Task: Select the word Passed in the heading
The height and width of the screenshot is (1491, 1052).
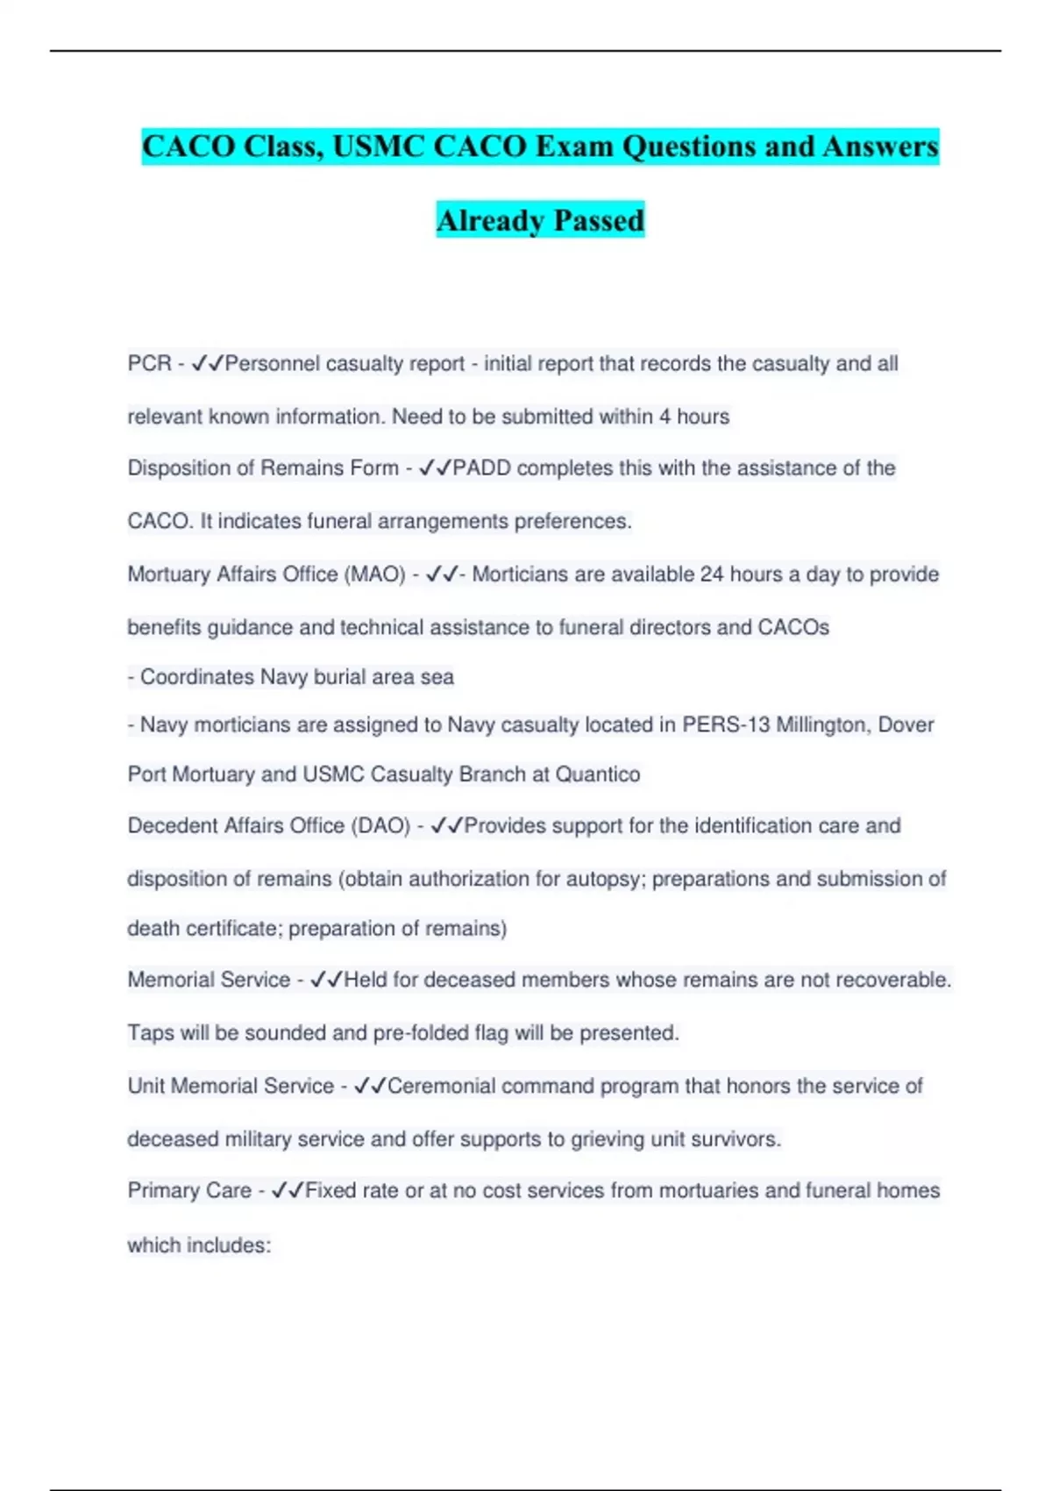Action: [599, 220]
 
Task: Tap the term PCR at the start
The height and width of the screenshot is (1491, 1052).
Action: [149, 363]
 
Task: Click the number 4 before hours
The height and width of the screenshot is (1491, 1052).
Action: [665, 417]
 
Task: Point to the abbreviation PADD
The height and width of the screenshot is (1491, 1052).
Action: [481, 468]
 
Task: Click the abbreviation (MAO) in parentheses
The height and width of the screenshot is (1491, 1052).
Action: [376, 574]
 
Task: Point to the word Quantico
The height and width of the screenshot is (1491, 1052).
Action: [598, 774]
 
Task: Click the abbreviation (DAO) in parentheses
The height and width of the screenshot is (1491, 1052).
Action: [380, 826]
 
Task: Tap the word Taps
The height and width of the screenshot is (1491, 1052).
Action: [151, 1033]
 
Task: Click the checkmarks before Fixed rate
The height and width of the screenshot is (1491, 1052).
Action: [288, 1191]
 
